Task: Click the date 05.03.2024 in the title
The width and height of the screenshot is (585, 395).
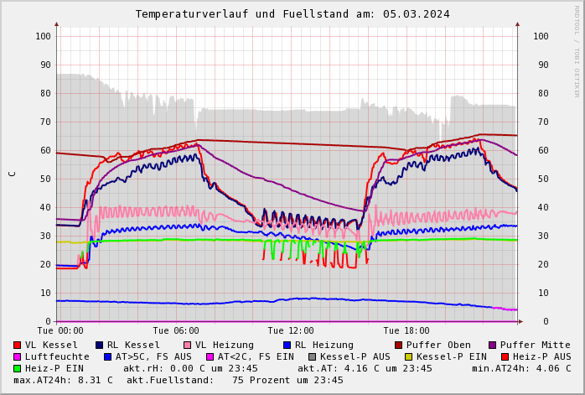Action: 418,14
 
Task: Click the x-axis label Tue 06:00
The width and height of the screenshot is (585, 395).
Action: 176,331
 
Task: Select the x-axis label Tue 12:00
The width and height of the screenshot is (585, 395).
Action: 291,331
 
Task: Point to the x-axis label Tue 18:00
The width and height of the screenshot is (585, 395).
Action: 406,331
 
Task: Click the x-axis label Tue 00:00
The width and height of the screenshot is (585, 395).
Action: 60,331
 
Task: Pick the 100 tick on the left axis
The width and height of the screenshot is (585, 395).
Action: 44,36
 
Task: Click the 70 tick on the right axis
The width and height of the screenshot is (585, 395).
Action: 541,122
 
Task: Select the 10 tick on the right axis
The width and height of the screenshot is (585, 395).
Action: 541,293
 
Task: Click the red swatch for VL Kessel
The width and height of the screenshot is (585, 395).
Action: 17,346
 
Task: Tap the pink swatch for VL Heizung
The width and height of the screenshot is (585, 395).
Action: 187,346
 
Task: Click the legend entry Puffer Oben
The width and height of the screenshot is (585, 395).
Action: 438,346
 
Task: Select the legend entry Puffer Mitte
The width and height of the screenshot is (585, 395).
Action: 535,346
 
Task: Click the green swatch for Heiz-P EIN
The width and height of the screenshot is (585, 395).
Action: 17,369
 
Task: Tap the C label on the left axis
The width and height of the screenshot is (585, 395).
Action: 12,174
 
